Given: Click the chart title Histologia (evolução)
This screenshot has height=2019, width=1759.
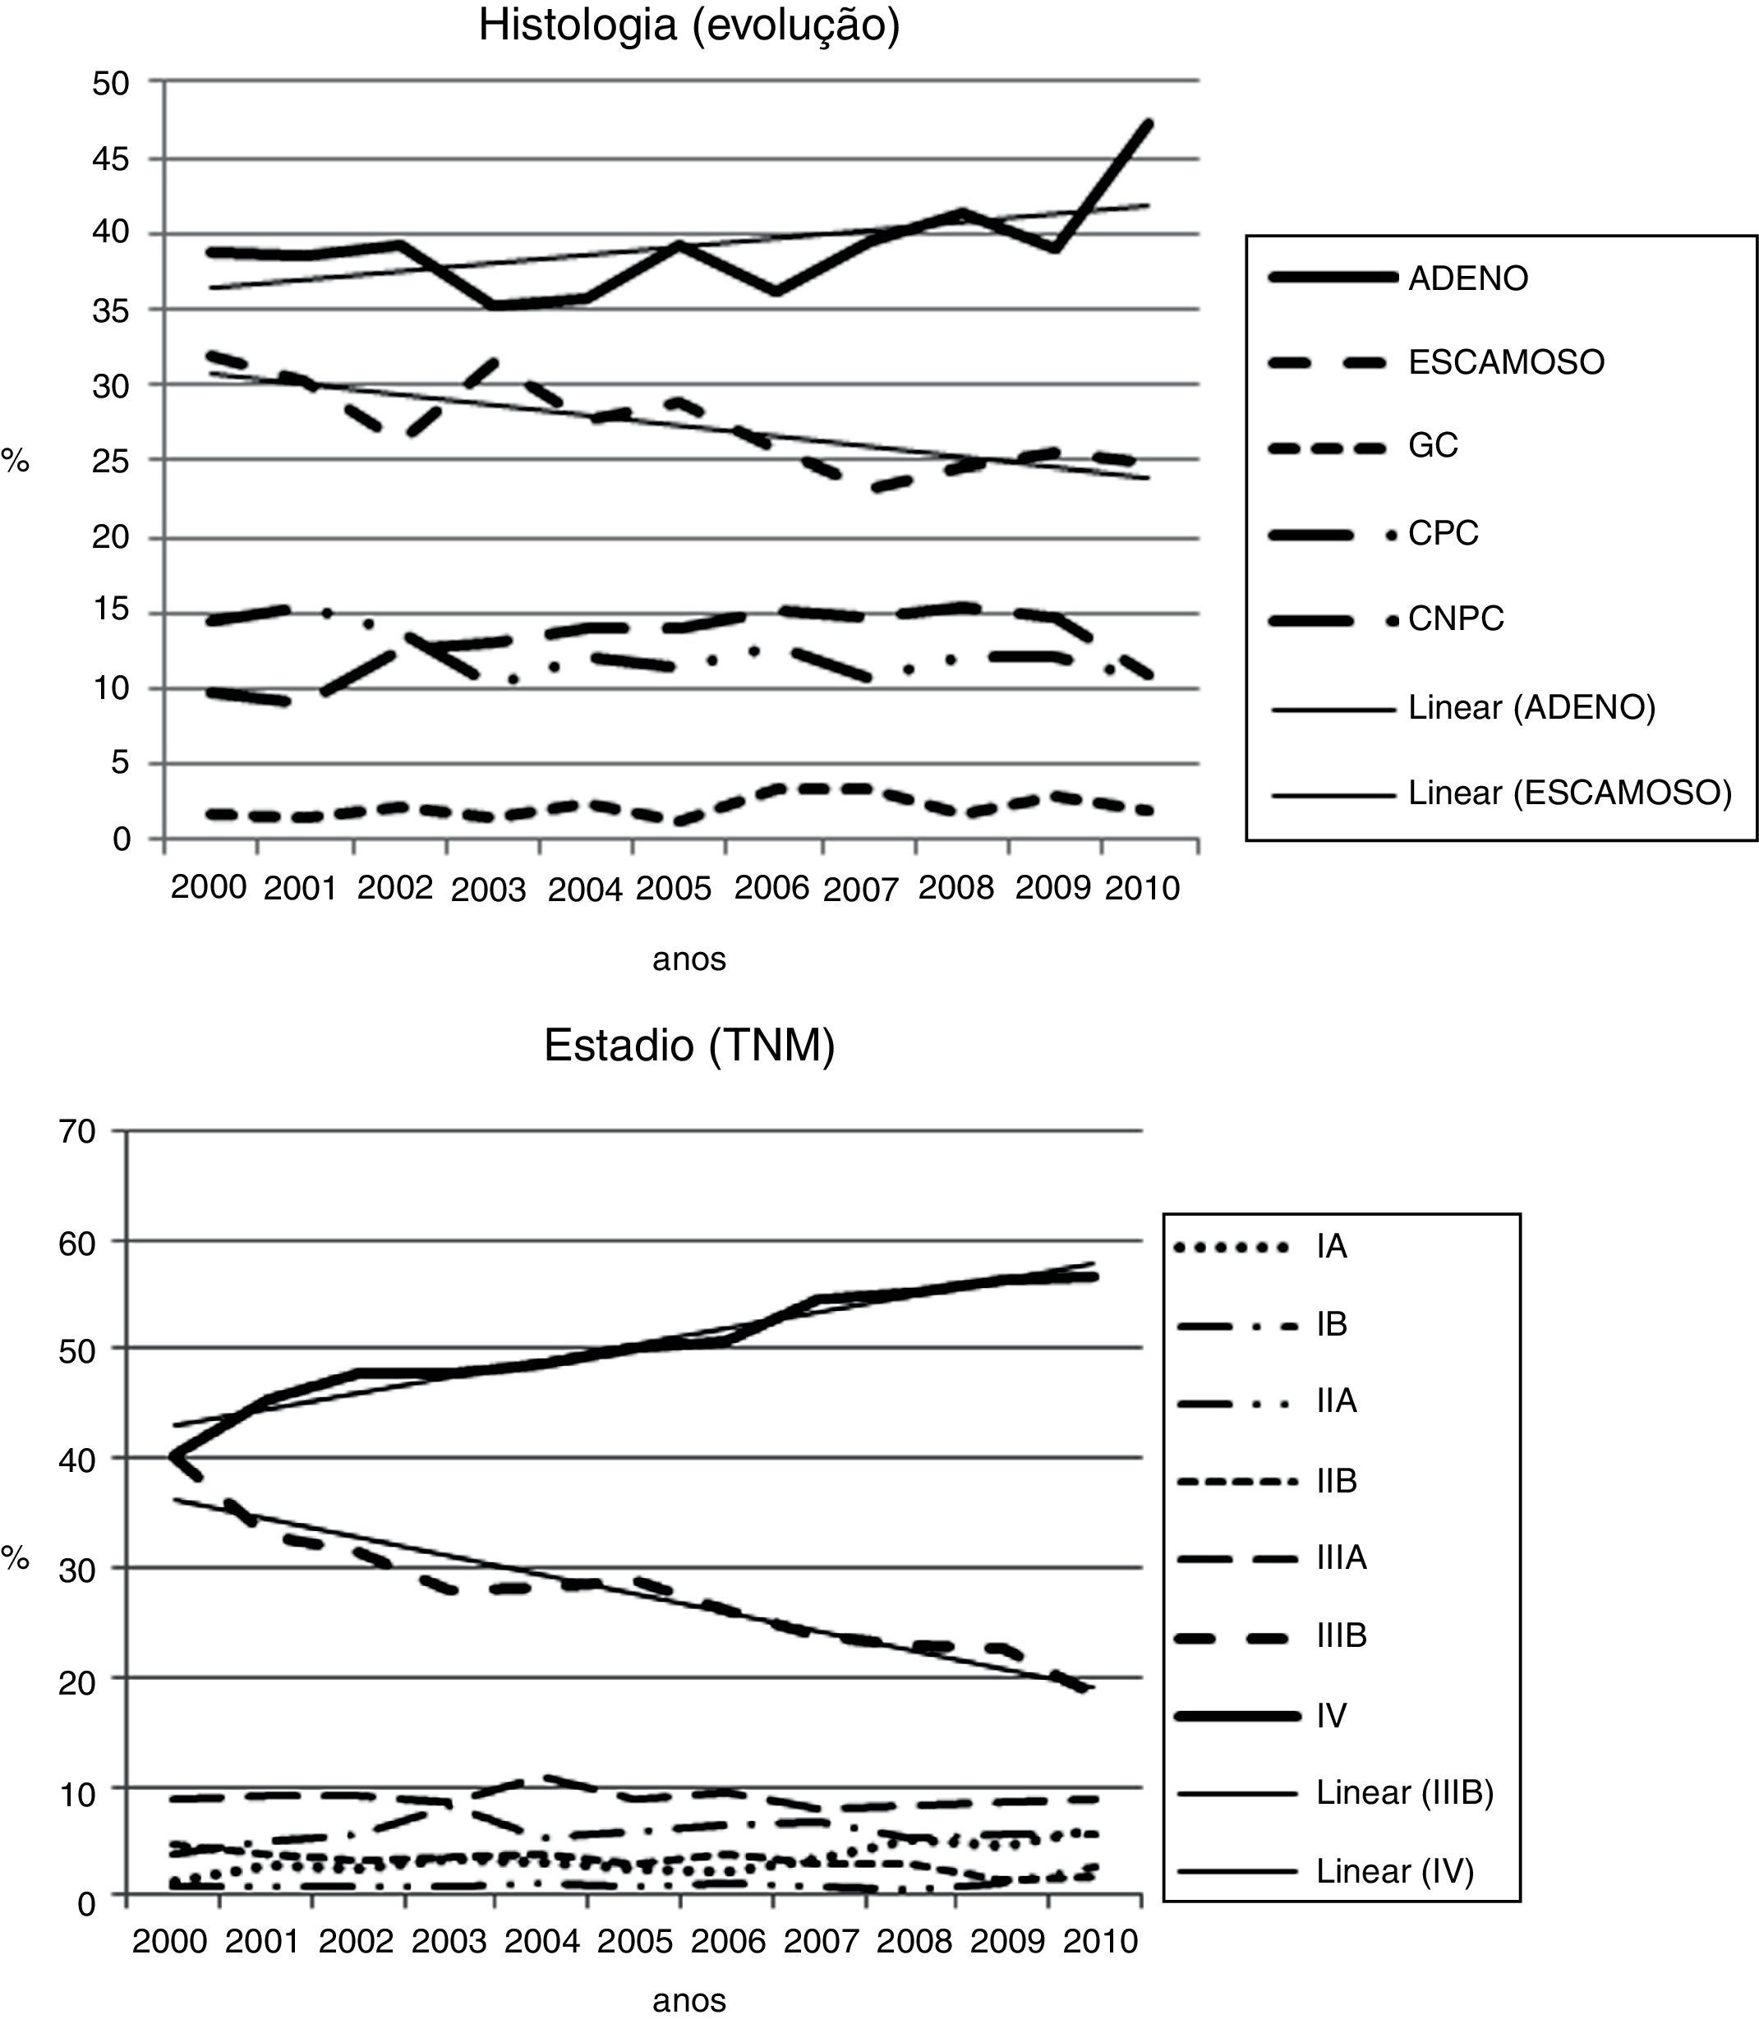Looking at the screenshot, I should (x=688, y=25).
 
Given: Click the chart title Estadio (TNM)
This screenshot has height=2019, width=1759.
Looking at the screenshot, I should (x=689, y=1046).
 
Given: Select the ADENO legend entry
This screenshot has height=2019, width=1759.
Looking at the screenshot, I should (x=1467, y=278).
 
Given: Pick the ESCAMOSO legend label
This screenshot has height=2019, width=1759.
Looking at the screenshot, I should (x=1506, y=362).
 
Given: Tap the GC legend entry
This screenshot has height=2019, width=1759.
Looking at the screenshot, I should (x=1432, y=446).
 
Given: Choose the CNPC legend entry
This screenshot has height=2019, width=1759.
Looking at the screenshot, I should (x=1455, y=619).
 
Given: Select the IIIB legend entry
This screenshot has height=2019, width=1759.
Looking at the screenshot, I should (x=1341, y=1636).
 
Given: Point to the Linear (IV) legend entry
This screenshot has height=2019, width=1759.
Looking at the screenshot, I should (x=1395, y=1872).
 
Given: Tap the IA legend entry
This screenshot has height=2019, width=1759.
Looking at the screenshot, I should (x=1331, y=1247).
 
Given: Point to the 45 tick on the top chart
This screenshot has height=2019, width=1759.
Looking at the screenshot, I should (x=111, y=159).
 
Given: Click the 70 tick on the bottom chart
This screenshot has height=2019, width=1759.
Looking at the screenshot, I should (x=77, y=1132).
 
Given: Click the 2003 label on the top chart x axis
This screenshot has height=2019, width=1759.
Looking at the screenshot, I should (x=488, y=890).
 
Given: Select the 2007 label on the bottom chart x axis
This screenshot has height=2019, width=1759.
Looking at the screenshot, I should (x=821, y=1942).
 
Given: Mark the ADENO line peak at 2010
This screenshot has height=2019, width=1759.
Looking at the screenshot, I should (x=1148, y=124).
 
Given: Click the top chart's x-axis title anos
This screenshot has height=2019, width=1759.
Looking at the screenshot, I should (x=689, y=959).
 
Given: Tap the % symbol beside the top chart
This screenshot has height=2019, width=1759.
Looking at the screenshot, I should (x=15, y=459).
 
